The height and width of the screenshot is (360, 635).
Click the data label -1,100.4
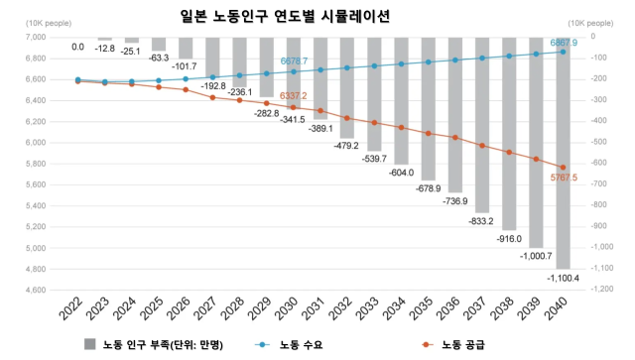563,280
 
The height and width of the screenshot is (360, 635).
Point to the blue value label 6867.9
563,44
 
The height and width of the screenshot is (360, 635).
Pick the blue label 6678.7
295,61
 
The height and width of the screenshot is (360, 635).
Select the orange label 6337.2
294,96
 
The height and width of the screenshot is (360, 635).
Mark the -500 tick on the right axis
598,143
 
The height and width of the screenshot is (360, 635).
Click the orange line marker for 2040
563,168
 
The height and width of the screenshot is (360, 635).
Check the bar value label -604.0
401,173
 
